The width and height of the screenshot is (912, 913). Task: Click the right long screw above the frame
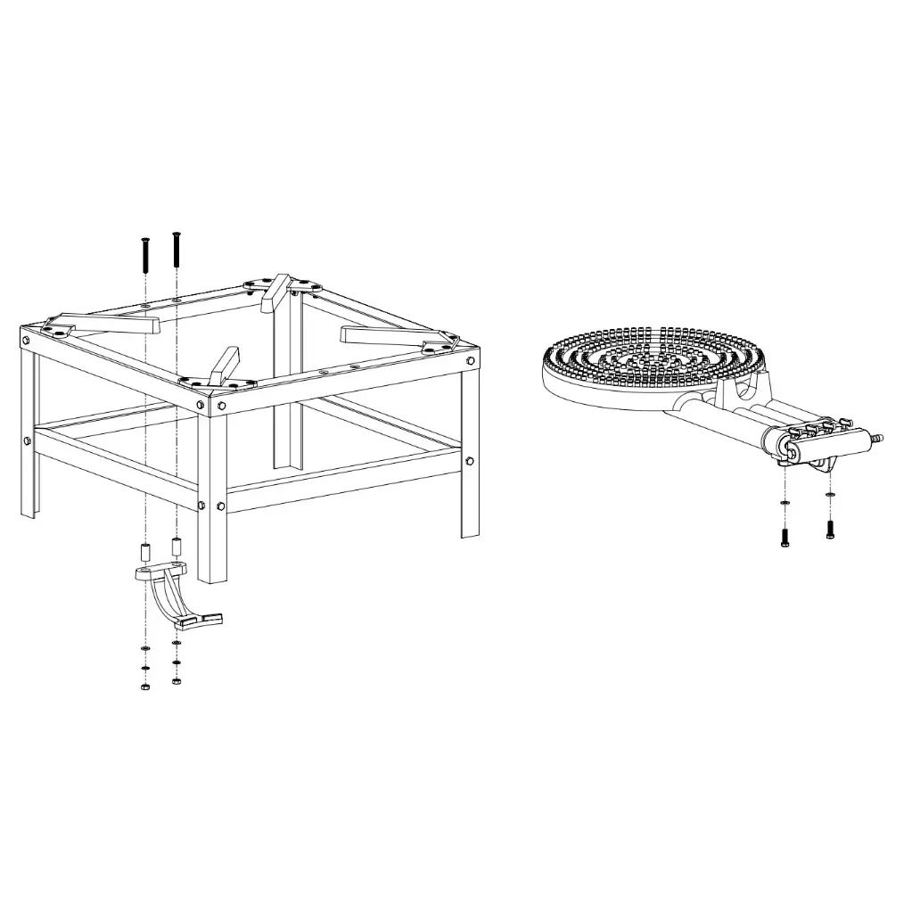point(176,249)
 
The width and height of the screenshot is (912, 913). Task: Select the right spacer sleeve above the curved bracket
point(177,544)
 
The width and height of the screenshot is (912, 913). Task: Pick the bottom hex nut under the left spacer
point(144,687)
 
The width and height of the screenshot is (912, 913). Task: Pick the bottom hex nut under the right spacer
point(177,682)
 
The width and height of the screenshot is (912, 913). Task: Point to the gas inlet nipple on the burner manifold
point(877,439)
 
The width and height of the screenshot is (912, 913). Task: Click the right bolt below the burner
point(830,529)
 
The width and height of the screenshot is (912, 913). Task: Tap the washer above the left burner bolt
point(784,505)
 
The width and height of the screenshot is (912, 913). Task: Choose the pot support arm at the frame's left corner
point(107,321)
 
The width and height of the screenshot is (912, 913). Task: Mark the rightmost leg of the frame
point(470,455)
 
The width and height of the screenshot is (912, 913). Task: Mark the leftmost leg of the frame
point(27,428)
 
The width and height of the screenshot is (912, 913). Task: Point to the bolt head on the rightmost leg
point(470,461)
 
